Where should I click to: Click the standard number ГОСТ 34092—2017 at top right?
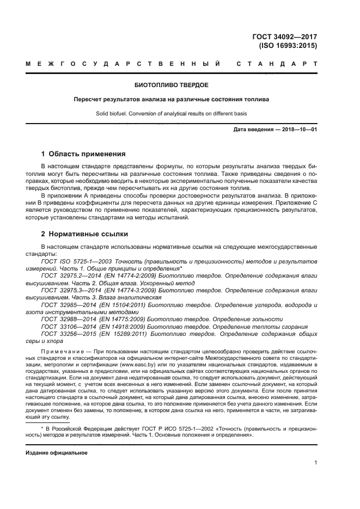[x=284, y=36]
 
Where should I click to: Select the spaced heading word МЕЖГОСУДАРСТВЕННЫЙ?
[x=123, y=64]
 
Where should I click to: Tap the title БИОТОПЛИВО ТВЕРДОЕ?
[x=172, y=85]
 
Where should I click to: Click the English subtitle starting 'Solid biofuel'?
[x=172, y=114]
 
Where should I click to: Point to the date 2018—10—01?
[x=298, y=130]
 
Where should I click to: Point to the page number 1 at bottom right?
[x=315, y=463]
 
